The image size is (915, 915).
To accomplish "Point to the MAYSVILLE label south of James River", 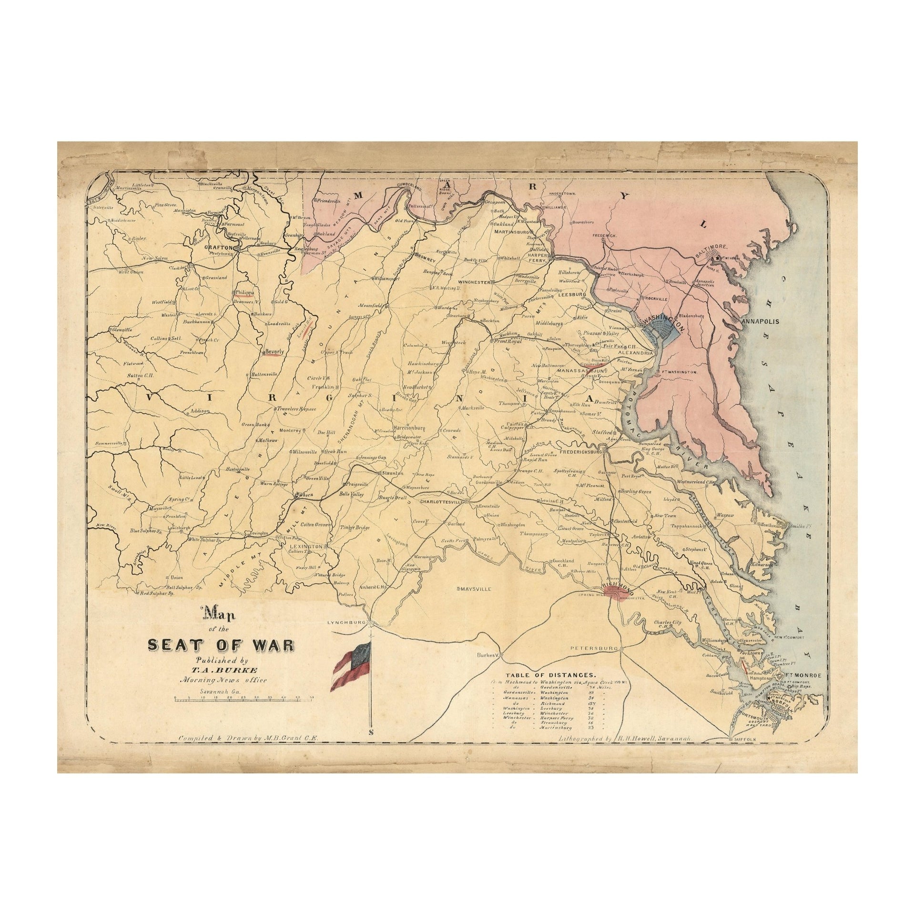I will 474,589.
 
